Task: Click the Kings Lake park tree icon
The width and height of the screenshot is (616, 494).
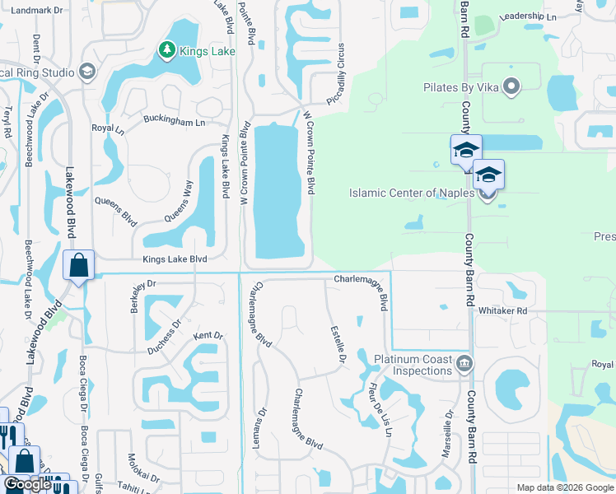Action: tap(167, 51)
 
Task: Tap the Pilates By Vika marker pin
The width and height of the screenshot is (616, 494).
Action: tap(511, 86)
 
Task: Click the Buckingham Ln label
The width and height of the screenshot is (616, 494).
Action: tap(174, 122)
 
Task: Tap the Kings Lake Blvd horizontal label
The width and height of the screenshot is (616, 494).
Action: tap(175, 259)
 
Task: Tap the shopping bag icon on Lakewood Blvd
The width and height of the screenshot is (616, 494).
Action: tap(78, 266)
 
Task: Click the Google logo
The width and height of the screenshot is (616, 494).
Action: tap(26, 485)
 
